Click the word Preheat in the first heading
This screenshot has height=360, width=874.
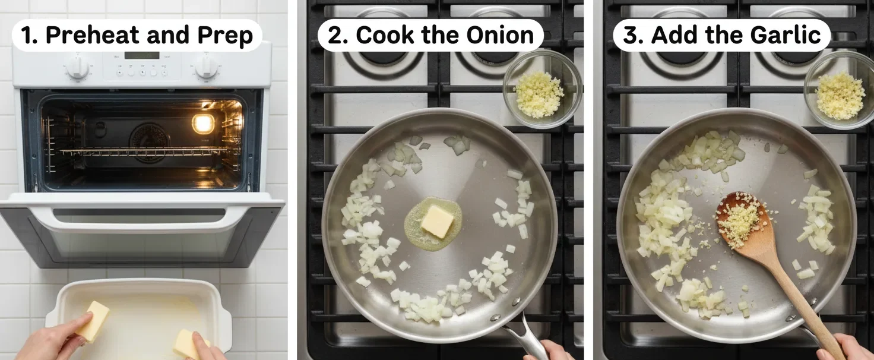(92, 35)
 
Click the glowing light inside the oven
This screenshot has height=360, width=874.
(203, 124)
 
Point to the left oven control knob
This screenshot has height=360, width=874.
(78, 67)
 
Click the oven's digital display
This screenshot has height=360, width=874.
(142, 55)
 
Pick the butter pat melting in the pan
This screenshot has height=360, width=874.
(436, 222)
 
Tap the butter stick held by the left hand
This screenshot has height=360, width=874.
(93, 321)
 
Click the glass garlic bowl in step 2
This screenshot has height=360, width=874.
(542, 90)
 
